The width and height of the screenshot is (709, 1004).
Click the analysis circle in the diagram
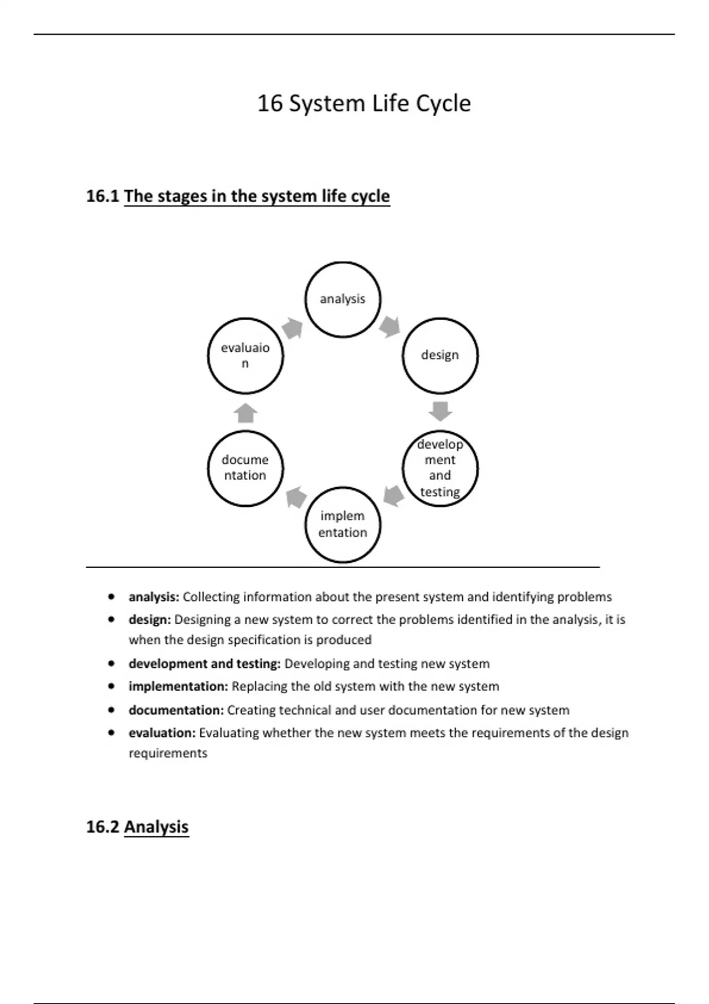click(343, 299)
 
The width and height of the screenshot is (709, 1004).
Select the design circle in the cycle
click(440, 356)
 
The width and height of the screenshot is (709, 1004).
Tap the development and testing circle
click(440, 468)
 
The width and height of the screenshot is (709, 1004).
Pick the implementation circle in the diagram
click(343, 524)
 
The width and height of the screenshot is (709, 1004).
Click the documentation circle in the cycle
click(245, 468)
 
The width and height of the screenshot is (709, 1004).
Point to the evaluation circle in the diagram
click(245, 356)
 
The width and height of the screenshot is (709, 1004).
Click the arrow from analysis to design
click(390, 326)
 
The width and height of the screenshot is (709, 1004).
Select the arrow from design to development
click(440, 411)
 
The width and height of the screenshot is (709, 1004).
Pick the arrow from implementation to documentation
click(295, 497)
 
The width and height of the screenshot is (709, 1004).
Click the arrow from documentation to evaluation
click(246, 413)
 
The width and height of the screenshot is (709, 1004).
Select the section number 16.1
click(103, 196)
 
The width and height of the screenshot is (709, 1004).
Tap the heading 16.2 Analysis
click(138, 827)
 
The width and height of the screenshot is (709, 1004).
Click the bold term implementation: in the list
click(178, 687)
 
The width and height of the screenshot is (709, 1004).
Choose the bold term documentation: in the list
click(176, 710)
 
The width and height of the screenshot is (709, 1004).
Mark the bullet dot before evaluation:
click(112, 733)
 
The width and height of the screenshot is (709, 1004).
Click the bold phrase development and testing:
click(204, 664)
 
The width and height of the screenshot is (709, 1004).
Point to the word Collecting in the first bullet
click(211, 597)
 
